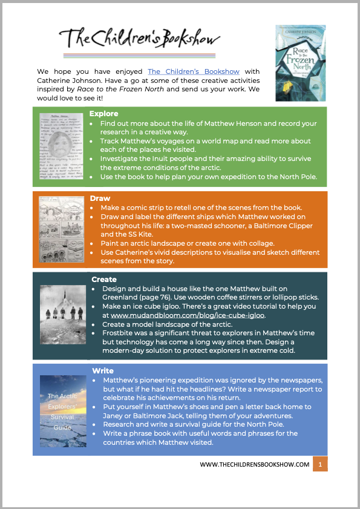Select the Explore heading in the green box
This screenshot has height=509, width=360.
[104, 113]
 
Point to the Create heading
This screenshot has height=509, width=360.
[104, 280]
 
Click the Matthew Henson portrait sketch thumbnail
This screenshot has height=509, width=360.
[62, 146]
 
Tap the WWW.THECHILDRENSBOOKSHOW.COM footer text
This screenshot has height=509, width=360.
[255, 465]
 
